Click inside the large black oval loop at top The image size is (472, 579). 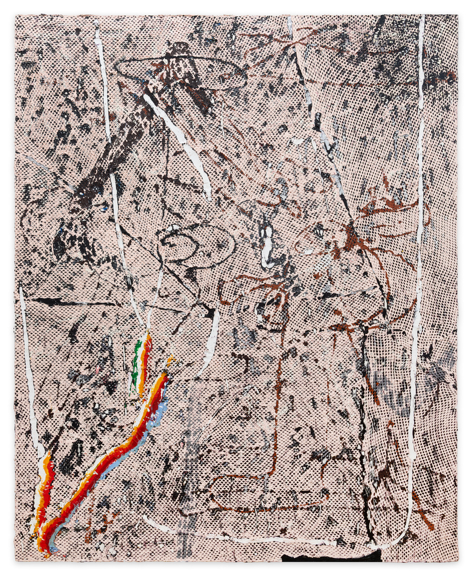coord(181,72)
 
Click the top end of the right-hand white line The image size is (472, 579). coord(422,21)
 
